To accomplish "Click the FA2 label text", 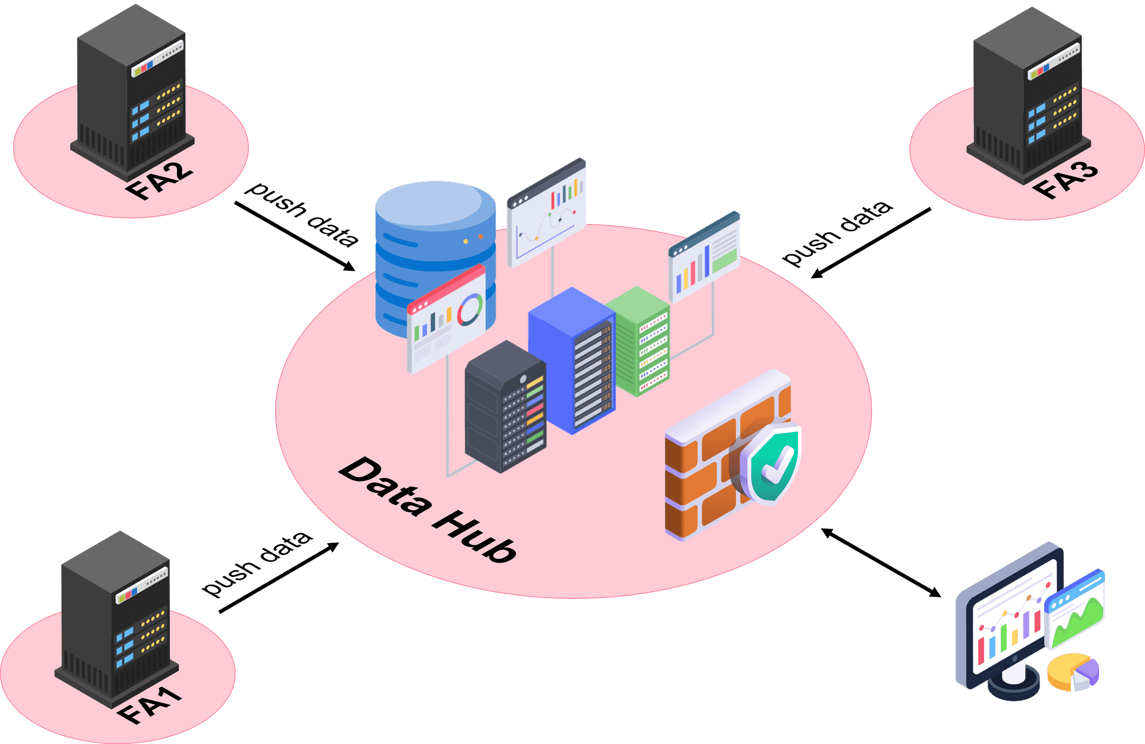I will [159, 181].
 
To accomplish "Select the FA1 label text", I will [149, 705].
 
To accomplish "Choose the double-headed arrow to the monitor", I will [881, 562].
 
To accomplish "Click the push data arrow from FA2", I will [295, 236].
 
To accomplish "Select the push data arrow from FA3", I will [871, 243].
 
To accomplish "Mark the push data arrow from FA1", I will [279, 578].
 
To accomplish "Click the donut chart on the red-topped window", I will [470, 309].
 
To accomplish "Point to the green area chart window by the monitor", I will [1075, 609].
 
